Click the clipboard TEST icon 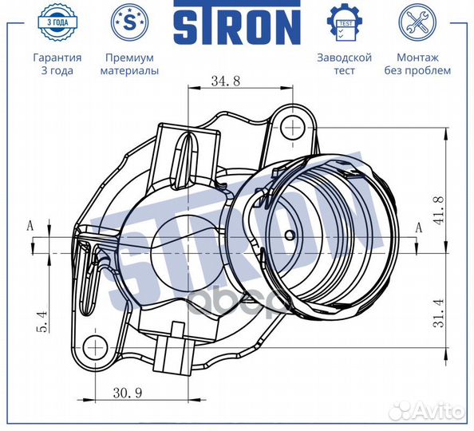pos(344,22)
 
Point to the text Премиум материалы pos(128,64)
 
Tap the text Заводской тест pos(344,64)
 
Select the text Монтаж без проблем pos(422,64)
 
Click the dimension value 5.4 pos(45,320)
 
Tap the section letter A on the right pos(418,227)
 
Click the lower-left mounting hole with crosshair pos(95,346)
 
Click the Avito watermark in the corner pos(435,411)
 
